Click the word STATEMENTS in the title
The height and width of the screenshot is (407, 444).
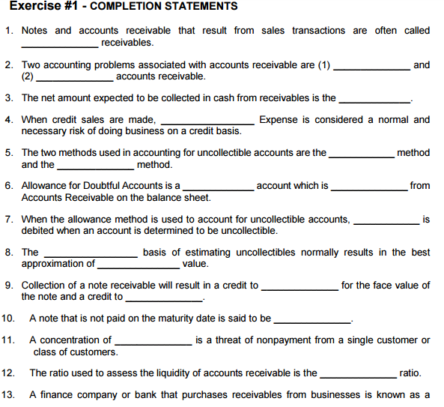point(201,7)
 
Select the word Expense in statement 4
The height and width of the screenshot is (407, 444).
point(283,120)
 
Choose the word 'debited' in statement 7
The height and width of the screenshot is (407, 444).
point(40,231)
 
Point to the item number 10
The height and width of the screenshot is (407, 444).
point(9,319)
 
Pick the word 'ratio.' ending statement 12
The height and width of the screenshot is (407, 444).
point(410,373)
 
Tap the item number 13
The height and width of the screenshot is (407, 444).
point(9,395)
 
